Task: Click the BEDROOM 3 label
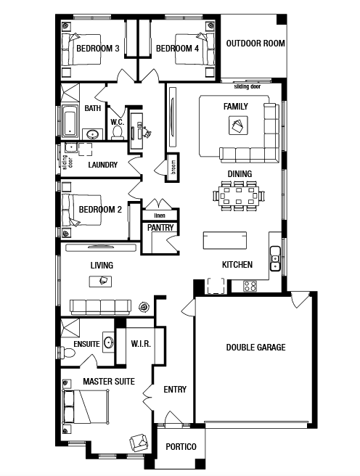pos(98,49)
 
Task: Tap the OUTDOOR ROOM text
pos(255,44)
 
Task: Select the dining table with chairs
pos(239,196)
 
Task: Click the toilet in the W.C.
pos(117,133)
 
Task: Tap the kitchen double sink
pos(275,258)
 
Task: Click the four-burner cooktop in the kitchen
pos(250,286)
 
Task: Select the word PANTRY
pos(160,227)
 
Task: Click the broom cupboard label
pos(173,168)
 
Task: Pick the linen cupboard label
pos(160,216)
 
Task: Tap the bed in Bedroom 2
pos(81,210)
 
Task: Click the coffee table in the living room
pos(100,282)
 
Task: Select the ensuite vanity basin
pos(108,342)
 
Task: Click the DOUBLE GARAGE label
pos(256,348)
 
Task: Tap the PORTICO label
pos(181,446)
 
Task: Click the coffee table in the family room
pos(238,125)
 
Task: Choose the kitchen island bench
pos(225,240)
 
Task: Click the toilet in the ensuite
pos(68,353)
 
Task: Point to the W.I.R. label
pos(141,344)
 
